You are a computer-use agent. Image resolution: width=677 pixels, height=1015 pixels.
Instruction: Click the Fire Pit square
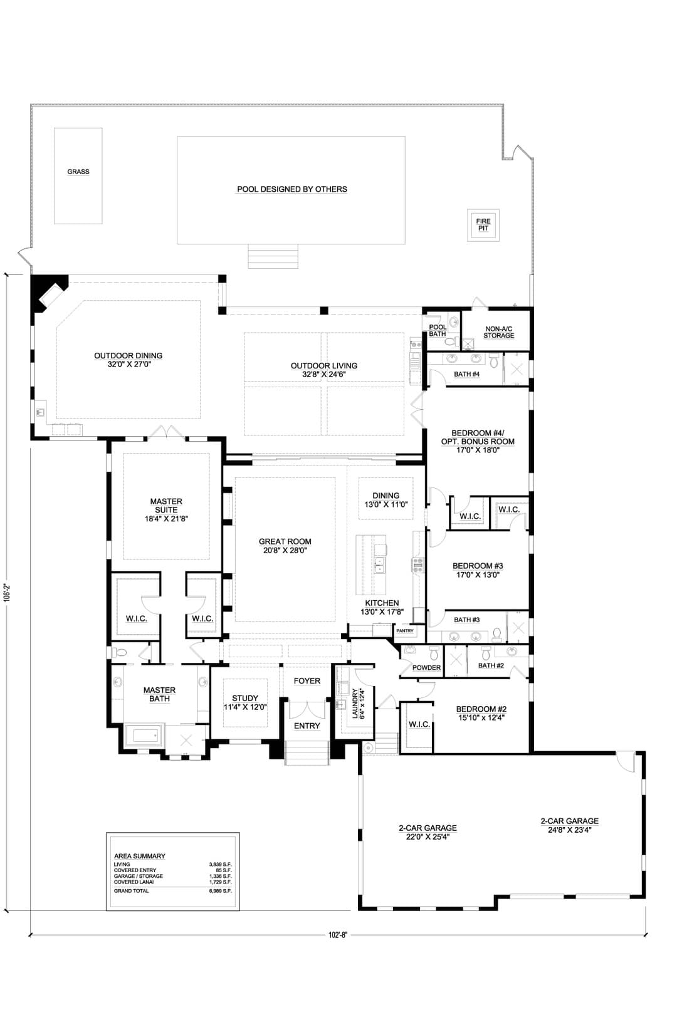point(483,225)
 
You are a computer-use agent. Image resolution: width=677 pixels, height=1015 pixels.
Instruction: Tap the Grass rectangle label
point(78,172)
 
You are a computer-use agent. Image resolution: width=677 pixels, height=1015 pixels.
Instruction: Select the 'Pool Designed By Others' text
point(292,189)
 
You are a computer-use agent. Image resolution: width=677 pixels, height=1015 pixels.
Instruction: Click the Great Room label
point(285,541)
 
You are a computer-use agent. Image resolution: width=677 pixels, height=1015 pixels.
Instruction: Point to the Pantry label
point(404,631)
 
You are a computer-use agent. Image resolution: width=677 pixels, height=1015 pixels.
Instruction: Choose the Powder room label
point(426,668)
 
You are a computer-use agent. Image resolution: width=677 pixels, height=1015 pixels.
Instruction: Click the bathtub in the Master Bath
point(143,735)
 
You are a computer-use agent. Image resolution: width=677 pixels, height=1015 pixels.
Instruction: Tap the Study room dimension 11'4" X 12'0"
point(245,707)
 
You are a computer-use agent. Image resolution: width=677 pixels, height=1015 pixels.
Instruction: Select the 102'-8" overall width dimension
point(337,935)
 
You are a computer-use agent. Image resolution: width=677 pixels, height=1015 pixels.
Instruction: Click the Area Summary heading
point(140,856)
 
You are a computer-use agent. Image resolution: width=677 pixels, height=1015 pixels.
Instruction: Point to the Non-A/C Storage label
point(499,332)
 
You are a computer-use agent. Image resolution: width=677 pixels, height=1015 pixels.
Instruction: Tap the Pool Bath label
point(438,330)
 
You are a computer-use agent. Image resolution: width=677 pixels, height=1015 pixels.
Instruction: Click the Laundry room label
point(355,704)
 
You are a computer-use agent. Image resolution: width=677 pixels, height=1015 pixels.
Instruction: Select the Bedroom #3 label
point(478,566)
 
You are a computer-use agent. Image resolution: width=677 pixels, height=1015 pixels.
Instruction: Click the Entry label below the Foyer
point(307,726)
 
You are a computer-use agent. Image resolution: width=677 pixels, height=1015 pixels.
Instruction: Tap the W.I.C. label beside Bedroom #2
point(419,724)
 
